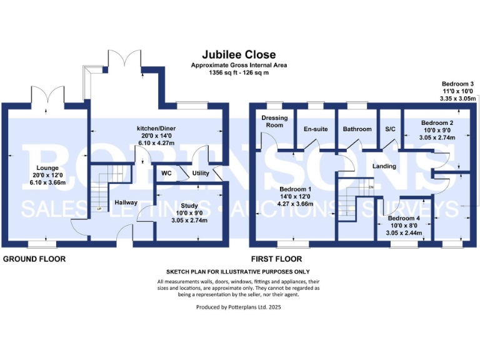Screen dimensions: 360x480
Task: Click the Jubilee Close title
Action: [x=238, y=55]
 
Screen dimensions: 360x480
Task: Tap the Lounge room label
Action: [x=47, y=168]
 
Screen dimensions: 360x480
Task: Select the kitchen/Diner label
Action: [x=156, y=129]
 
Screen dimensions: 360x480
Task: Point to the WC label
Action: [x=166, y=172]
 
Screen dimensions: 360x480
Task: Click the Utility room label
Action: [x=201, y=172]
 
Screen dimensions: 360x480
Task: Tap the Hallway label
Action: [x=126, y=202]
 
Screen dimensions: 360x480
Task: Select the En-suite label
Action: [x=315, y=129]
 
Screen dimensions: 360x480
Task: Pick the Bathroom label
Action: [x=357, y=129]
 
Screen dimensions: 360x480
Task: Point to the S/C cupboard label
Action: [x=391, y=129]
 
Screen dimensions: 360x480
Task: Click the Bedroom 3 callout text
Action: [x=458, y=84]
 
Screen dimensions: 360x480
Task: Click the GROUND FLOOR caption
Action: [x=34, y=259]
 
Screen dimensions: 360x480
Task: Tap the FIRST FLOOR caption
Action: [x=276, y=259]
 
